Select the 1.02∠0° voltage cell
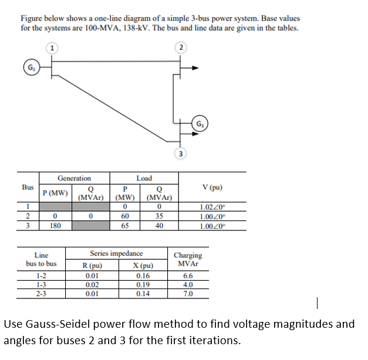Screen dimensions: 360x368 coord(213,208)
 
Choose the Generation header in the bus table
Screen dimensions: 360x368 coord(74,178)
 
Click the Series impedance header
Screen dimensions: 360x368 coord(116,253)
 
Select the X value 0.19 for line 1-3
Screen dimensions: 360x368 coord(142,284)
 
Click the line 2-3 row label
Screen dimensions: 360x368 coord(41,293)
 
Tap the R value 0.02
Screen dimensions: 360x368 coord(92,284)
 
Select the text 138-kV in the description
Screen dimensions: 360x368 coord(133,28)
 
